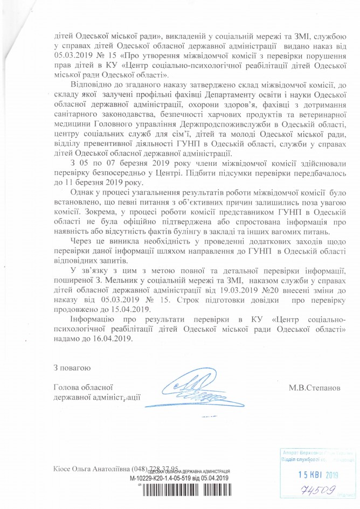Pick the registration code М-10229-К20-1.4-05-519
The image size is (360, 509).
[164, 477]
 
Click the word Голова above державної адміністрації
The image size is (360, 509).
[68, 387]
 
